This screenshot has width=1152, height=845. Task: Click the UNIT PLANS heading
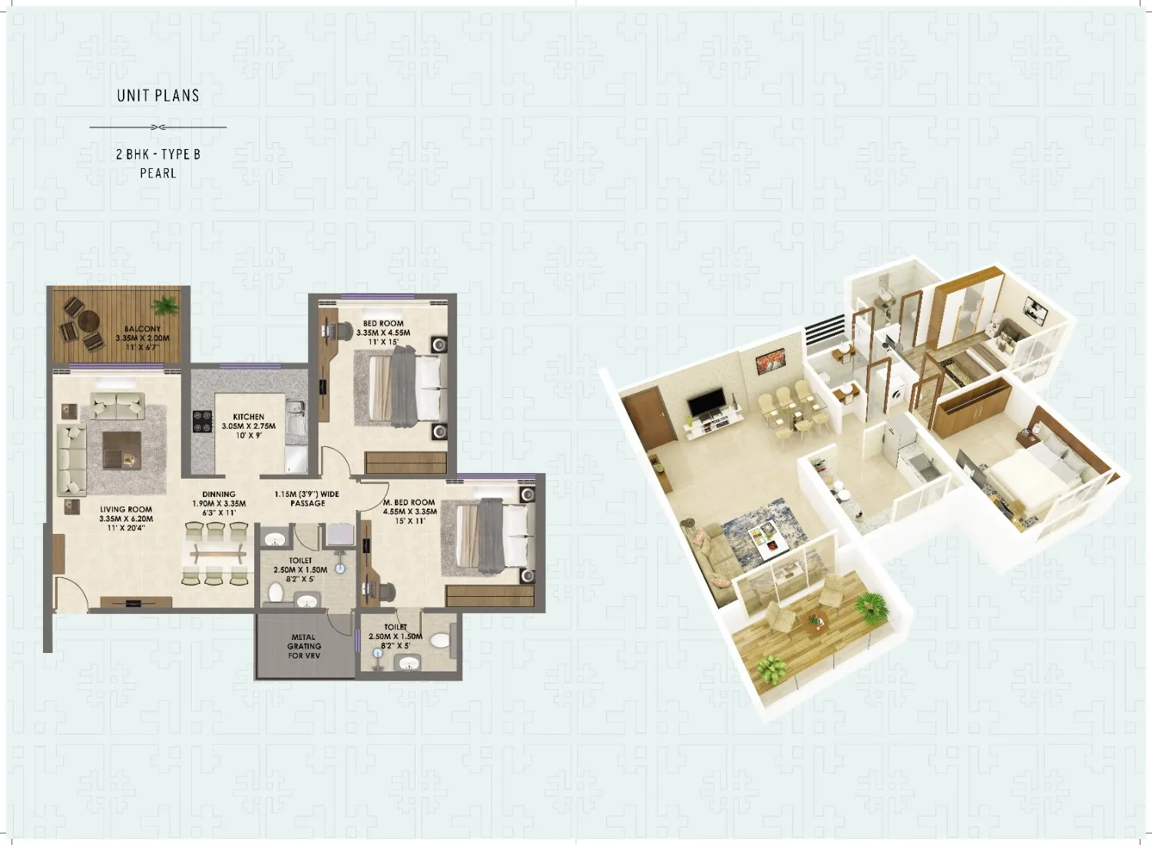158,96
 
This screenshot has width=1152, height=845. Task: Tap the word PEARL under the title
158,174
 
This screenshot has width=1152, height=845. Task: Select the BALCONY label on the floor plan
142,329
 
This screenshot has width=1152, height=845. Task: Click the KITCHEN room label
248,416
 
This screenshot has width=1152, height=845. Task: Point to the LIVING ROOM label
126,509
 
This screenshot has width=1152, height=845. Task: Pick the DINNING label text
219,494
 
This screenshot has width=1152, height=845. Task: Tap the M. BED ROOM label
409,502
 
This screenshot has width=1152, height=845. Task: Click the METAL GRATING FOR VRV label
304,646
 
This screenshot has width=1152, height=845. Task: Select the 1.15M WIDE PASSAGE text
306,499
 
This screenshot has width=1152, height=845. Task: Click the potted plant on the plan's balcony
166,306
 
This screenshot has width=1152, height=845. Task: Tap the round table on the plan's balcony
88,321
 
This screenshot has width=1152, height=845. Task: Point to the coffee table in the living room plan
121,450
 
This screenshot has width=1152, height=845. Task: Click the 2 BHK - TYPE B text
158,154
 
